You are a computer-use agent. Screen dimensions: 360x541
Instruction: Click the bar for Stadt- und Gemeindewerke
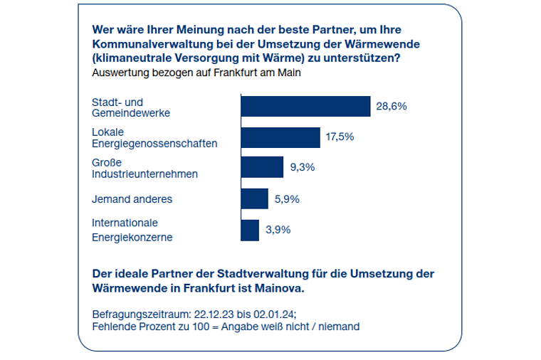point(306,106)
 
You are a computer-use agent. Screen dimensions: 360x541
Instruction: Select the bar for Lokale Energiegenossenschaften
point(280,137)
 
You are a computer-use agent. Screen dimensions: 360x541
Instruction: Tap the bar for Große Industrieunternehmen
point(263,168)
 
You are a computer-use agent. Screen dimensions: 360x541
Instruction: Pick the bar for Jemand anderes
point(255,199)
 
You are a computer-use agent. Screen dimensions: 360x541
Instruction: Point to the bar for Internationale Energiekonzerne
point(250,230)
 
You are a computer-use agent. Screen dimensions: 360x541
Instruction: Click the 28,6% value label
point(391,106)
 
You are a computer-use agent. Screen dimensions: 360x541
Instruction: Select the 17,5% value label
point(340,137)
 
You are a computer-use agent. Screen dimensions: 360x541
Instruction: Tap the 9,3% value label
point(303,168)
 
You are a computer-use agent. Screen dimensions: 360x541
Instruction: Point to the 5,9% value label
point(287,199)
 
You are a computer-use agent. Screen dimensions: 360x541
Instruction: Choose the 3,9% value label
point(277,230)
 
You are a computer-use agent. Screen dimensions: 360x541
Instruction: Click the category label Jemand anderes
point(132,199)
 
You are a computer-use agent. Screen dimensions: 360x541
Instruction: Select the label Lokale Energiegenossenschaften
point(154,137)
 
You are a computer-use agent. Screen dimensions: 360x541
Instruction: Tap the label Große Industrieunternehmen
point(145,168)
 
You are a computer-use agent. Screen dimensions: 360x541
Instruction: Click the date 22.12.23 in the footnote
point(214,314)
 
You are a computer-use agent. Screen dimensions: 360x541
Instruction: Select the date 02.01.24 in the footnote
point(272,314)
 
